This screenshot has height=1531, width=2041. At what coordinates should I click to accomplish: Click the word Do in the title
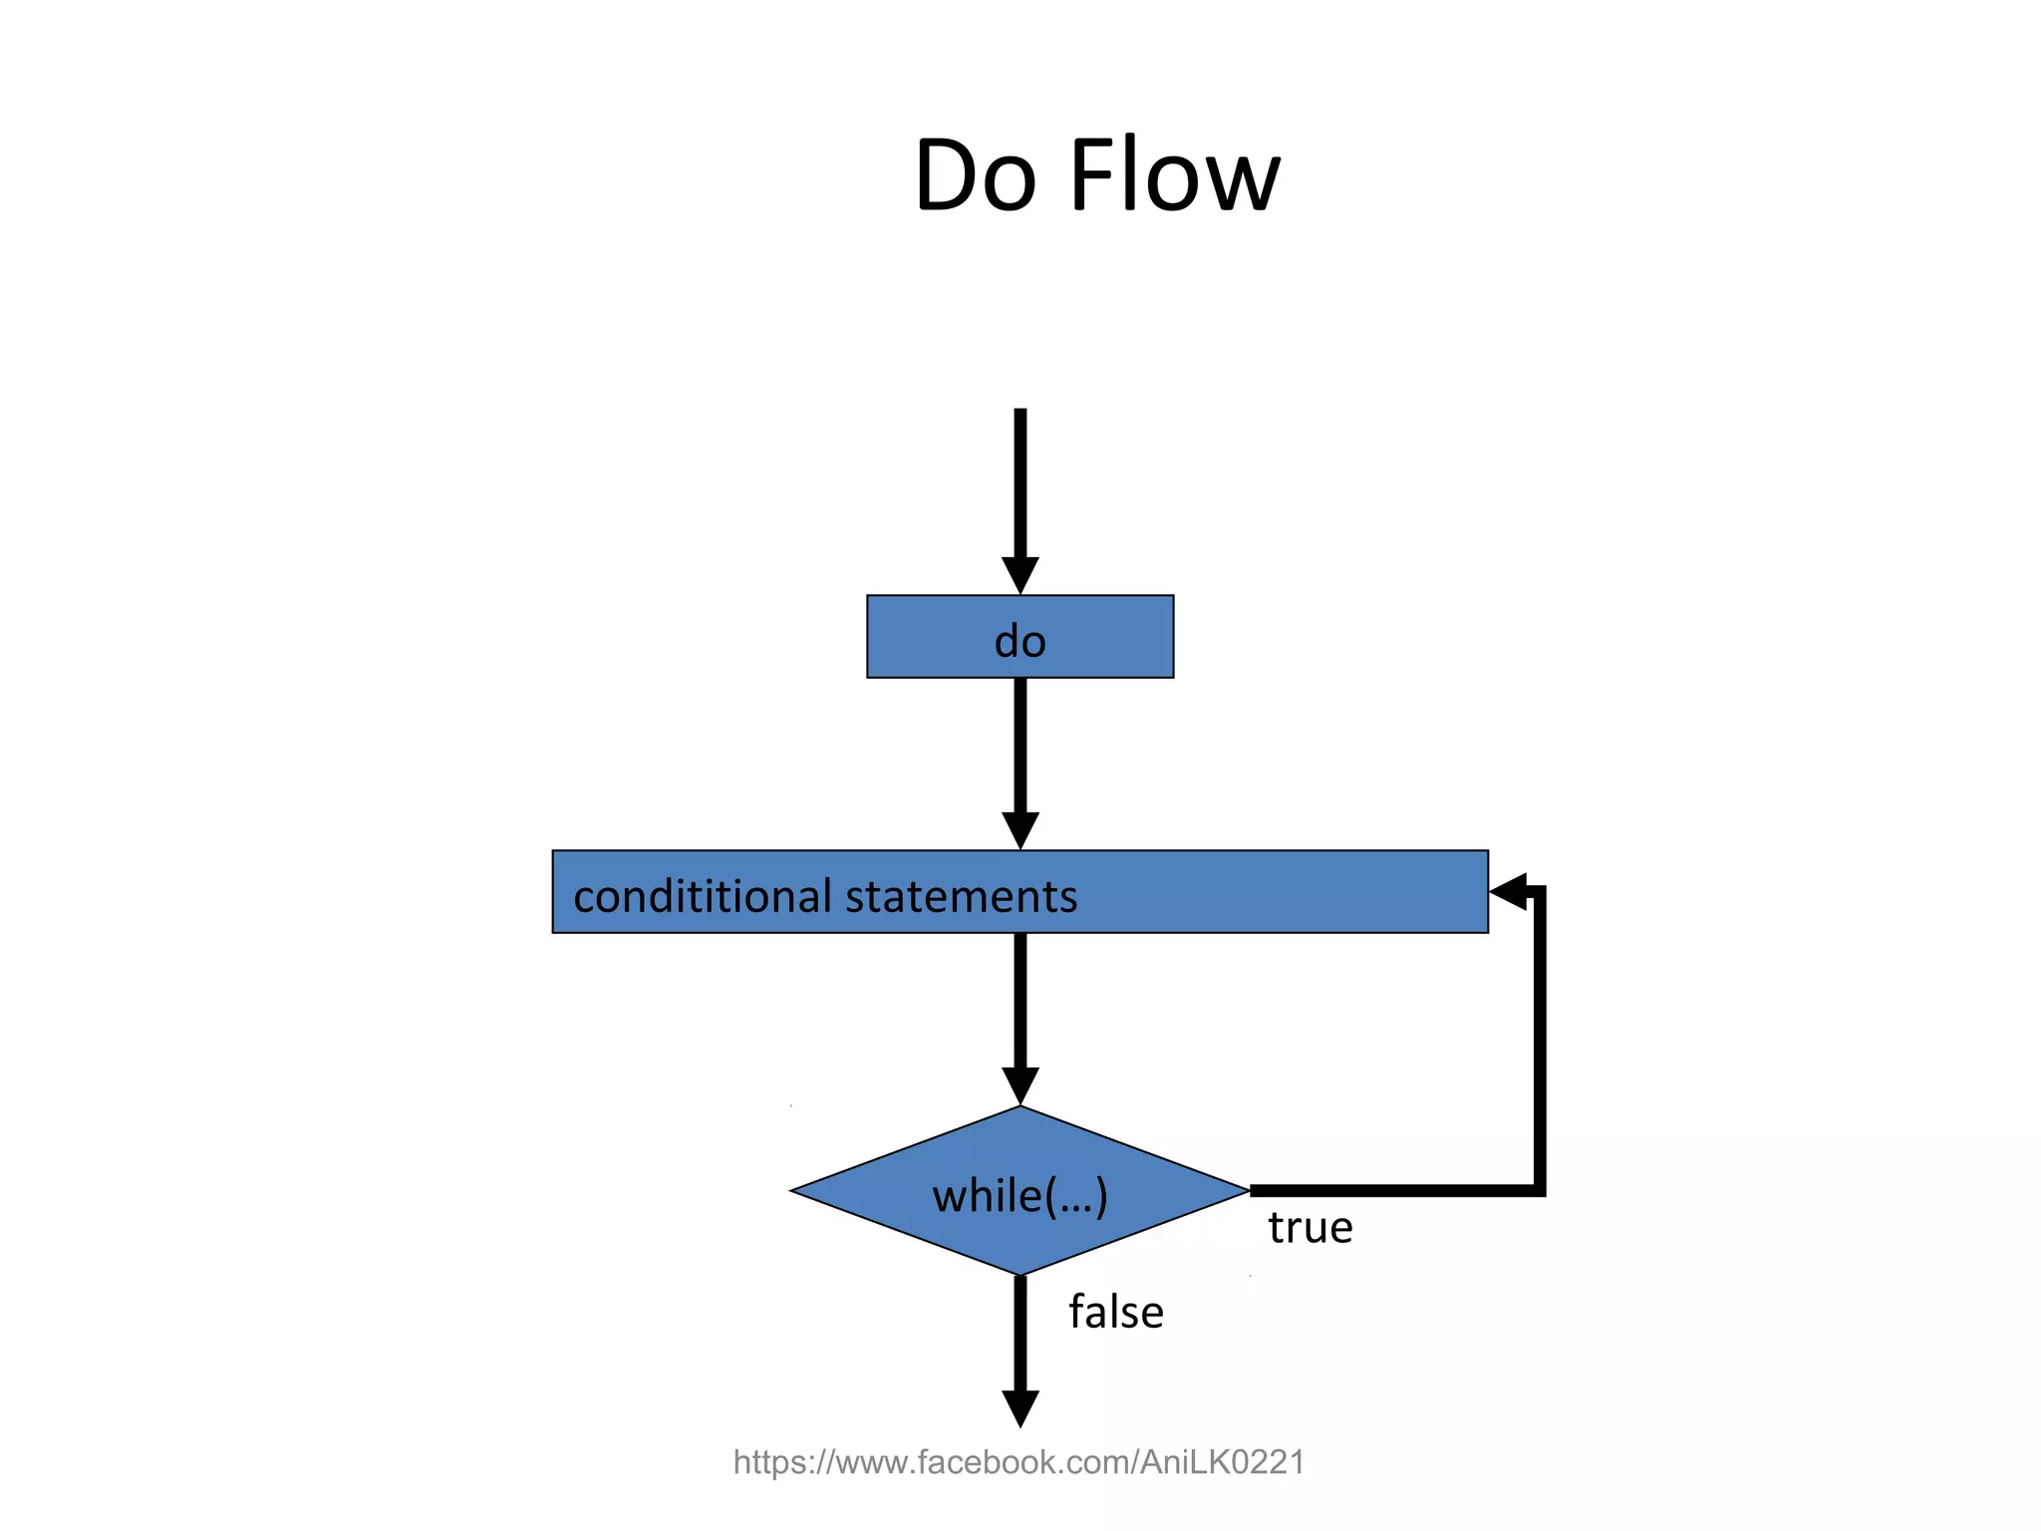click(x=975, y=177)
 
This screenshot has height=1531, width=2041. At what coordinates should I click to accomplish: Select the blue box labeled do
click(x=1020, y=638)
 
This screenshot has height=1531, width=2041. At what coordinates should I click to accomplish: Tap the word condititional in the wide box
click(x=702, y=896)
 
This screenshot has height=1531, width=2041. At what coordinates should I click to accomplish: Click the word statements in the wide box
click(x=962, y=896)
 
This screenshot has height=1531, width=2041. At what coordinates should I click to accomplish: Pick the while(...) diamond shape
click(x=1020, y=1191)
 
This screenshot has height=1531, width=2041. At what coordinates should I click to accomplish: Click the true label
click(x=1310, y=1228)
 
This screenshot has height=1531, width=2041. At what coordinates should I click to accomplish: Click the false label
click(x=1115, y=1313)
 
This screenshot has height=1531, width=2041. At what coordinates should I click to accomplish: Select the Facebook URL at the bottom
click(x=1019, y=1462)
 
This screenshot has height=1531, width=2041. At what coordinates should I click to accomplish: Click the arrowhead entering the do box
click(x=1020, y=575)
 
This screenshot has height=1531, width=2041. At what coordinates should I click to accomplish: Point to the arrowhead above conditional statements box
click(x=1020, y=830)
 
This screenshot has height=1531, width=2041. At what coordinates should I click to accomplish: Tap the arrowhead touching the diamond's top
click(x=1020, y=1085)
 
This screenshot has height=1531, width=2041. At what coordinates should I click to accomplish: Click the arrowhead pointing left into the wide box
click(x=1508, y=890)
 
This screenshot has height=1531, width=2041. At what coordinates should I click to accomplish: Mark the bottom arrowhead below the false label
click(x=1020, y=1407)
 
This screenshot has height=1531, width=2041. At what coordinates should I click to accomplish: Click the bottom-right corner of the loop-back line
click(x=1539, y=1190)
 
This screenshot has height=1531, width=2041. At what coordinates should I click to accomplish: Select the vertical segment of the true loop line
click(x=1539, y=1037)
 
